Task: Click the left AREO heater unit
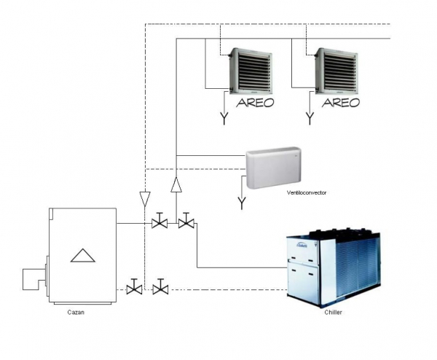pyautogui.click(x=249, y=71)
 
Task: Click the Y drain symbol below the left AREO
pyautogui.click(x=224, y=117)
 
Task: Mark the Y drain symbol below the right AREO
pyautogui.click(x=310, y=117)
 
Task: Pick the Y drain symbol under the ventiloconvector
pyautogui.click(x=242, y=201)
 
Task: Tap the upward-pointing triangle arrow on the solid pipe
pyautogui.click(x=176, y=185)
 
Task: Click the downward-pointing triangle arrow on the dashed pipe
pyautogui.click(x=145, y=197)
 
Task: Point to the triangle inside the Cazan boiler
pyautogui.click(x=82, y=254)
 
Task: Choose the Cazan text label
pyautogui.click(x=74, y=312)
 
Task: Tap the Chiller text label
pyautogui.click(x=333, y=312)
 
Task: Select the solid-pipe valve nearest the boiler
pyautogui.click(x=160, y=222)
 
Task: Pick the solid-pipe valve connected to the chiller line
pyautogui.click(x=186, y=222)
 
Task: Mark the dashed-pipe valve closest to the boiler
pyautogui.click(x=133, y=288)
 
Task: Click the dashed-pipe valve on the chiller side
pyautogui.click(x=160, y=288)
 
